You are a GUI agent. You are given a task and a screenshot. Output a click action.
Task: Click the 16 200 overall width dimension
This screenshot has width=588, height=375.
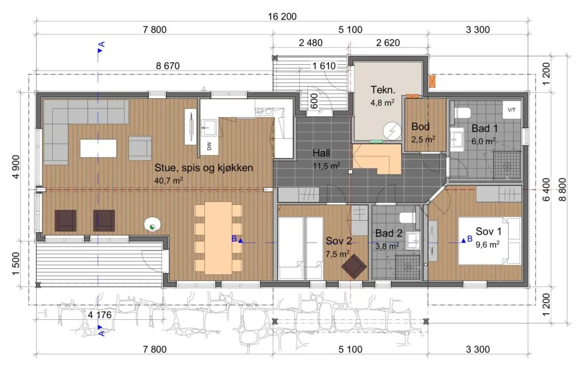coord(282,17)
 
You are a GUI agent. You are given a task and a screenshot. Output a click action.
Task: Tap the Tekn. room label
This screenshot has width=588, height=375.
coord(382,90)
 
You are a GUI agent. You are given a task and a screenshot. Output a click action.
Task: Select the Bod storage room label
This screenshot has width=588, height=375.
coord(420,126)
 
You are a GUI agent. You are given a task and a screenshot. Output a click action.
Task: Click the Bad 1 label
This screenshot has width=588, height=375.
coord(485,128)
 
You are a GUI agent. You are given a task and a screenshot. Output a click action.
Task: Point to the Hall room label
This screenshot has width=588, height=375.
coord(322,153)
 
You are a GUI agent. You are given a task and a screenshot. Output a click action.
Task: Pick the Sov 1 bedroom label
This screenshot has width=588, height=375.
coord(488,231)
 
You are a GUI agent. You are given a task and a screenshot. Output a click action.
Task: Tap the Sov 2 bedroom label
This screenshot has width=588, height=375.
coord(339,241)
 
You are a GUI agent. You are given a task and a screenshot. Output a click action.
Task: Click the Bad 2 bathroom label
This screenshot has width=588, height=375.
coord(389,233)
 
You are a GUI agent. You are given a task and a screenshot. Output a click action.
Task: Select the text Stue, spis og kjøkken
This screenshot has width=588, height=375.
coord(204,168)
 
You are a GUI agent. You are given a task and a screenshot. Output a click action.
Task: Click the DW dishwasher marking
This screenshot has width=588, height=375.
coord(209,146)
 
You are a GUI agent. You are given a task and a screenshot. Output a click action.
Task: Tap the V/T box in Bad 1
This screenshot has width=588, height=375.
coord(512,110)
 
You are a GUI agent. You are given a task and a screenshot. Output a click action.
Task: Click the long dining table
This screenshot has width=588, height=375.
coord(218,238)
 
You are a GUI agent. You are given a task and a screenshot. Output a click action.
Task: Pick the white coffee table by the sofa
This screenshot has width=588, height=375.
coord(98,148)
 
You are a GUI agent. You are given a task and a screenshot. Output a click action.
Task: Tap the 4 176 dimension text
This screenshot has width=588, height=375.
coord(99,315)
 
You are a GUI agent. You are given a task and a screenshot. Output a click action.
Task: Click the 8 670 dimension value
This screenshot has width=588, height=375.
coord(168,66)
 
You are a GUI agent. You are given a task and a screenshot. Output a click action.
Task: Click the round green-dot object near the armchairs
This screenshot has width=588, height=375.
coord(152,225)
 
